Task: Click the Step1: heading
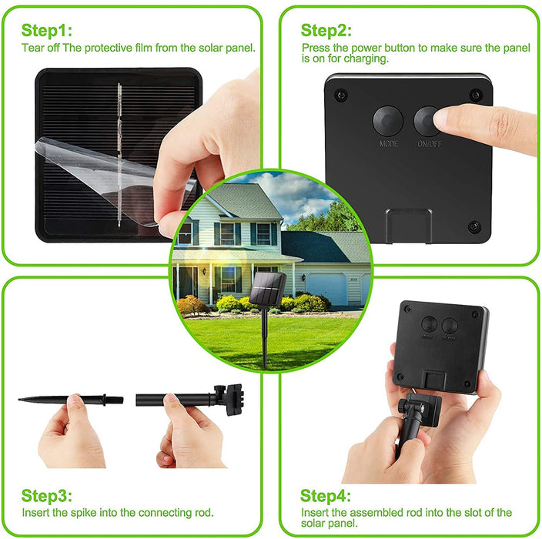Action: click(x=46, y=31)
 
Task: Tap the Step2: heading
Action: click(x=326, y=31)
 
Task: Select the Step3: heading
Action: click(x=47, y=496)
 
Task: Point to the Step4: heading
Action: click(x=326, y=496)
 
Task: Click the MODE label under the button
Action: click(x=389, y=144)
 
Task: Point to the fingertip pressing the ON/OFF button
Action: click(x=444, y=119)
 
